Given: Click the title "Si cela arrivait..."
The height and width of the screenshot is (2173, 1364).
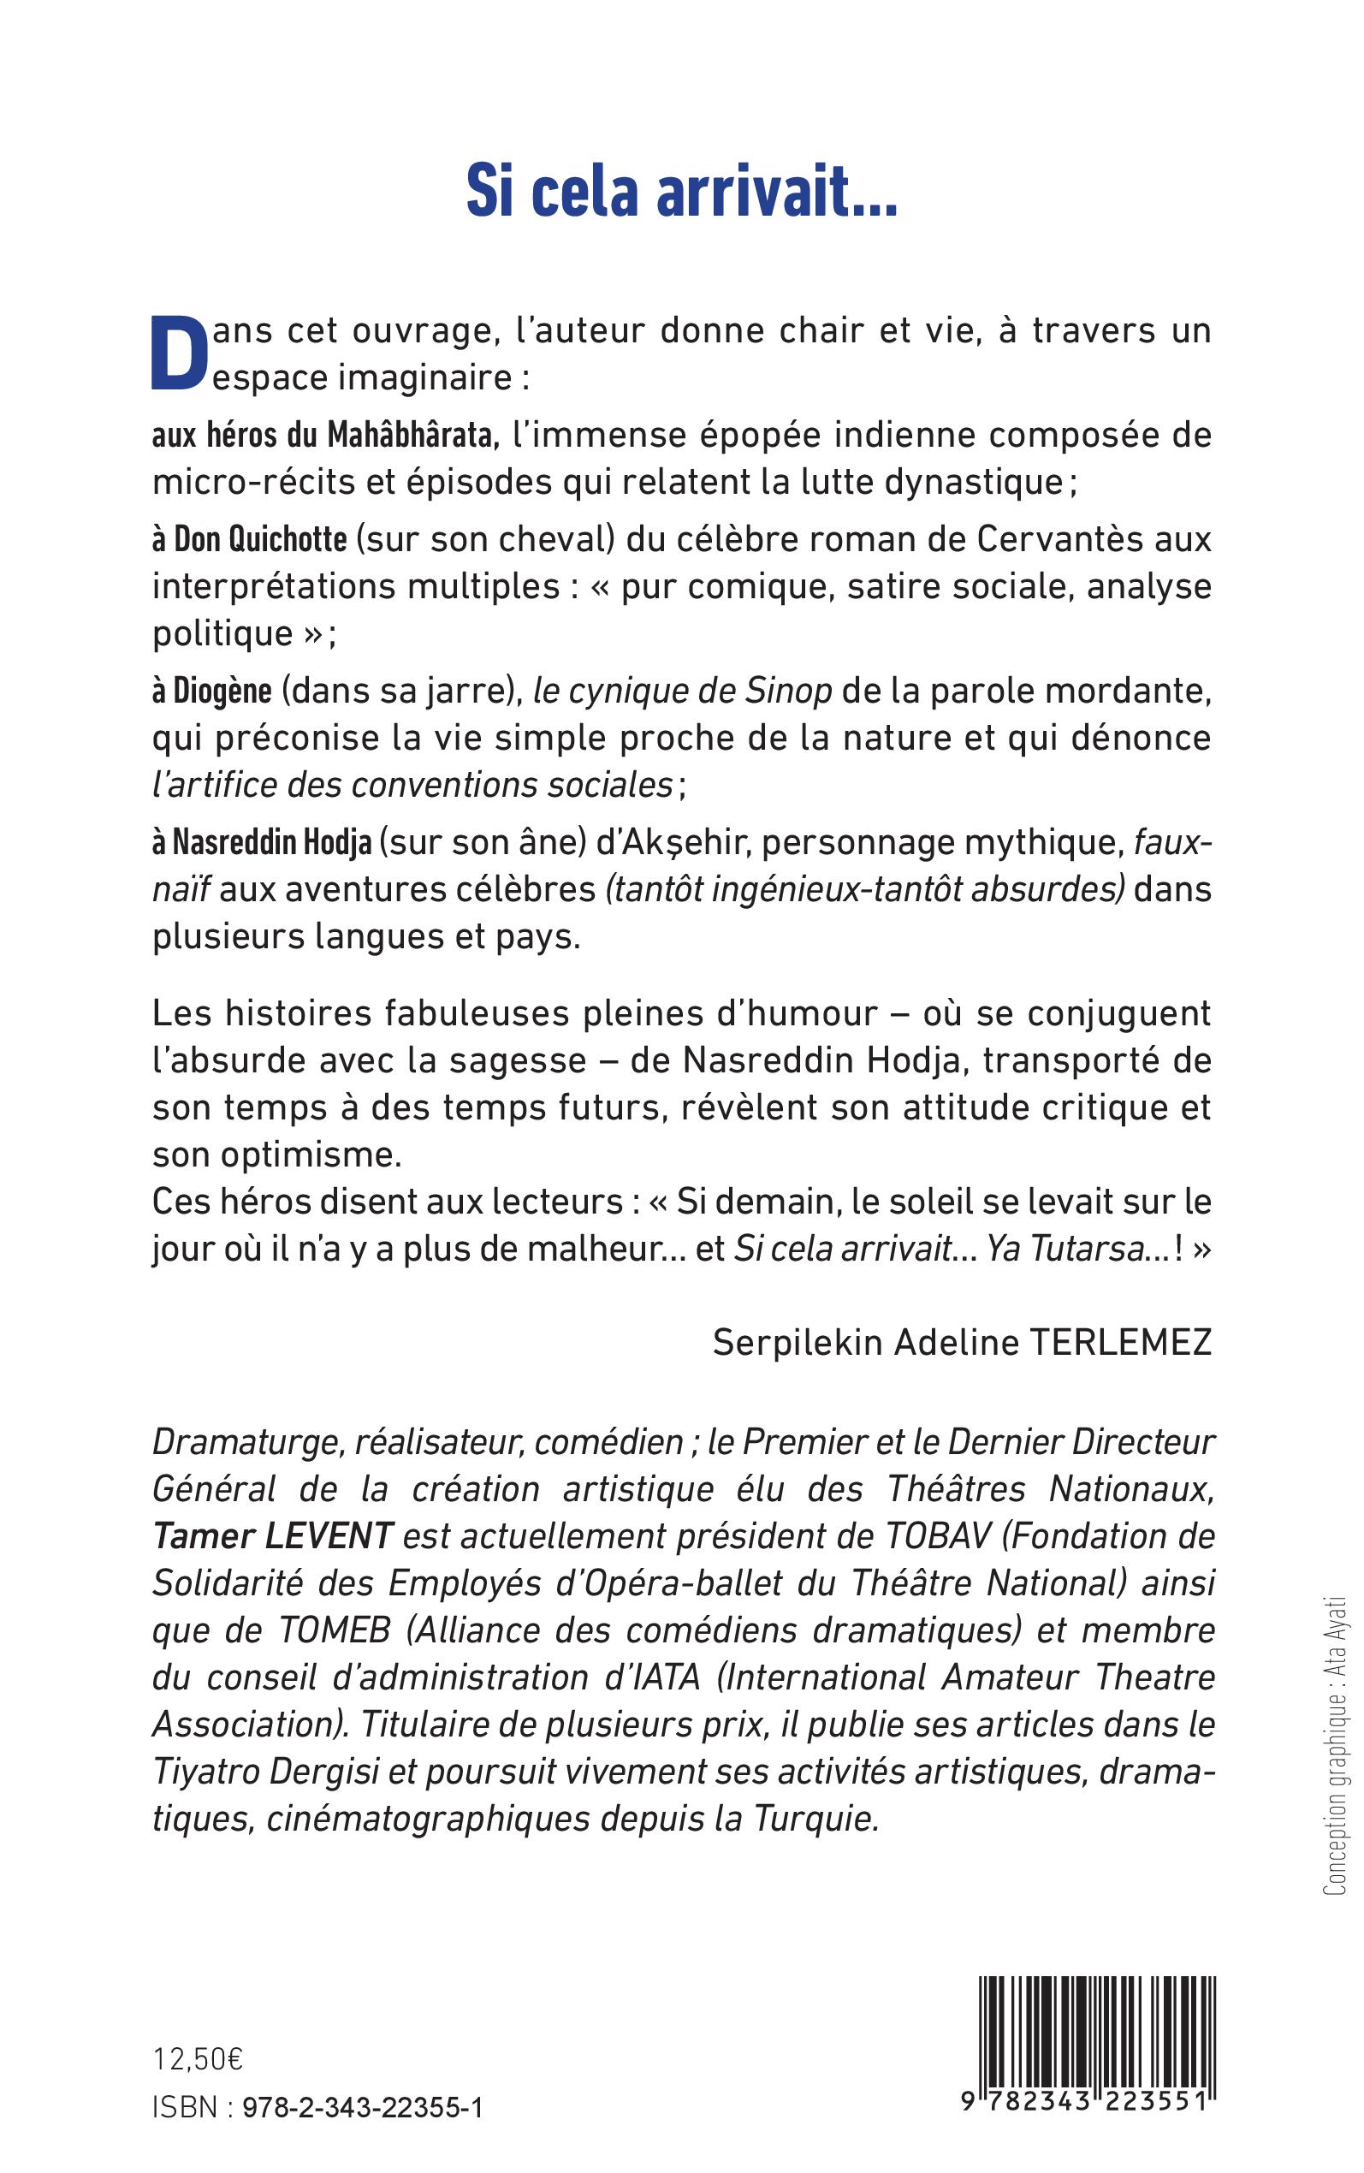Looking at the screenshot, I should point(681,192).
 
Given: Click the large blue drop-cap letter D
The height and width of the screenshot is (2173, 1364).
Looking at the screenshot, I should point(179,353).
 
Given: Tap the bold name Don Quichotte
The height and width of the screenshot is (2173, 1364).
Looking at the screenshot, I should point(260,539).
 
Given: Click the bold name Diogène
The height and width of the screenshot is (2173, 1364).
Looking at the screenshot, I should point(222,691).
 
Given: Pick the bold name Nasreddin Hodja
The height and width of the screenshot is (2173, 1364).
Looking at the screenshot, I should point(271,842).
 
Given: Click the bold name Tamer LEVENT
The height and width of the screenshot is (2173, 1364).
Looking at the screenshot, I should point(273,1535).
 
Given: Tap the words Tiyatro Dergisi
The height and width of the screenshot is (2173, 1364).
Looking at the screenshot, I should point(270,1772).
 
